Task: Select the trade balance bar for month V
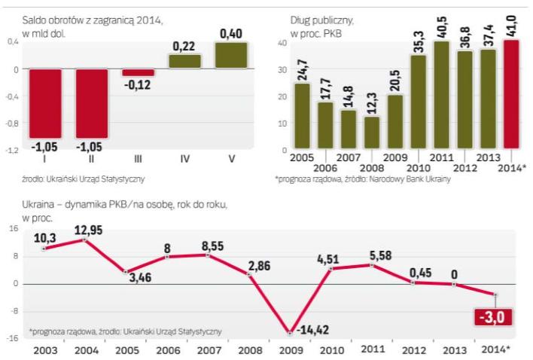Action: pyautogui.click(x=231, y=56)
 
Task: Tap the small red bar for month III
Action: pyautogui.click(x=139, y=72)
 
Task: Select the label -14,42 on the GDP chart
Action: pyautogui.click(x=315, y=330)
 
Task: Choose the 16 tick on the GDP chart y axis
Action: pyautogui.click(x=13, y=230)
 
